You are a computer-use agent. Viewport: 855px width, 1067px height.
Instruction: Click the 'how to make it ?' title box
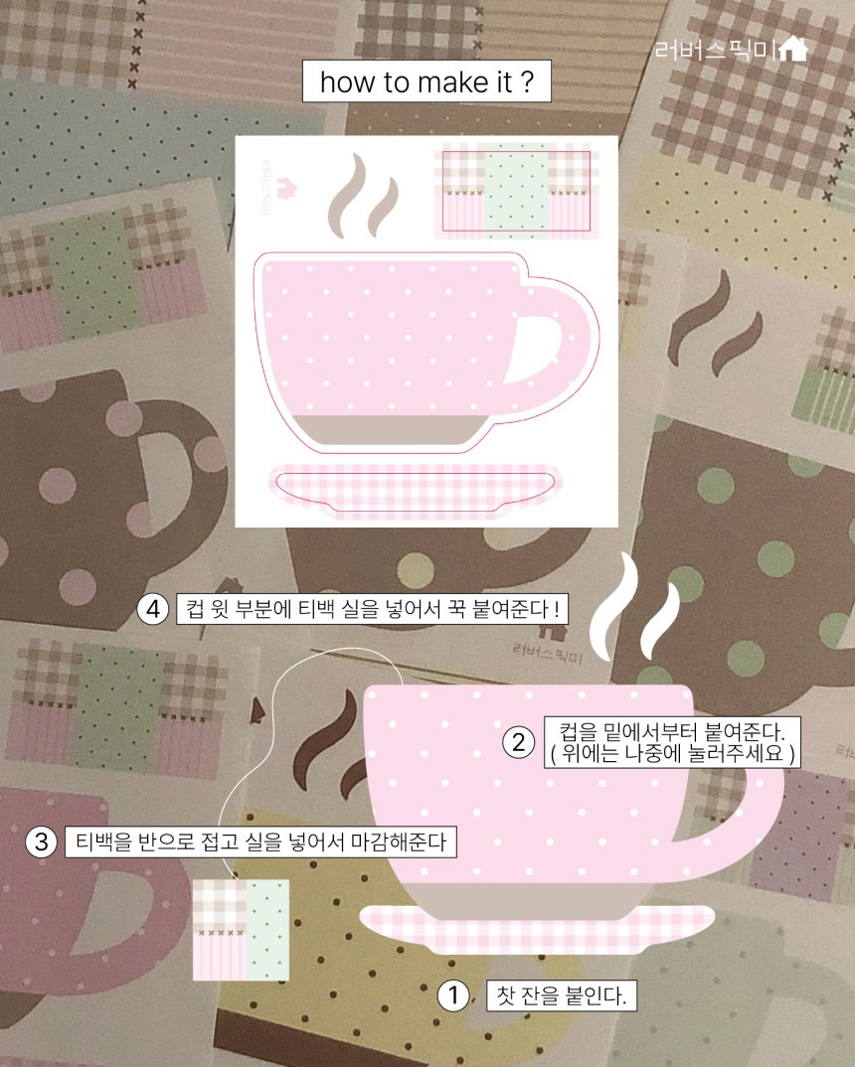point(427,81)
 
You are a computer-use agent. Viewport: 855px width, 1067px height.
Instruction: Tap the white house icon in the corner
point(792,49)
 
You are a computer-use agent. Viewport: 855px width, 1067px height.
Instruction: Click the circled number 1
point(452,996)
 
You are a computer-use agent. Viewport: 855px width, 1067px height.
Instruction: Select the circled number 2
point(519,742)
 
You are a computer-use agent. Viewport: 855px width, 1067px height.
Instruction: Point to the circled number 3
point(42,841)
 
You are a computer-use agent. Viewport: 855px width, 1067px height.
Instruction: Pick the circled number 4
point(153,608)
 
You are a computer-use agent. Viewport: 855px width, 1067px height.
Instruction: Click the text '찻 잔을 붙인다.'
point(562,996)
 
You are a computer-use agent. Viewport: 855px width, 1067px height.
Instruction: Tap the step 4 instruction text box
point(373,608)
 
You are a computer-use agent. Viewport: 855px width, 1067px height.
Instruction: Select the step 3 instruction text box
point(260,841)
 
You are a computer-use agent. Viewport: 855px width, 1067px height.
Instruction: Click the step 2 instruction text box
point(672,742)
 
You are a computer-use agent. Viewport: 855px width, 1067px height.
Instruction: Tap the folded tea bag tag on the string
point(241,930)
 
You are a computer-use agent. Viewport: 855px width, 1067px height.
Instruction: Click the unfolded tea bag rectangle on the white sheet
point(517,192)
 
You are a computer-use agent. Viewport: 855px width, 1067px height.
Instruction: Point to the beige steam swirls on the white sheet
point(362,196)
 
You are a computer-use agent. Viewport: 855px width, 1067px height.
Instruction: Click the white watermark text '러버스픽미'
point(714,50)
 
